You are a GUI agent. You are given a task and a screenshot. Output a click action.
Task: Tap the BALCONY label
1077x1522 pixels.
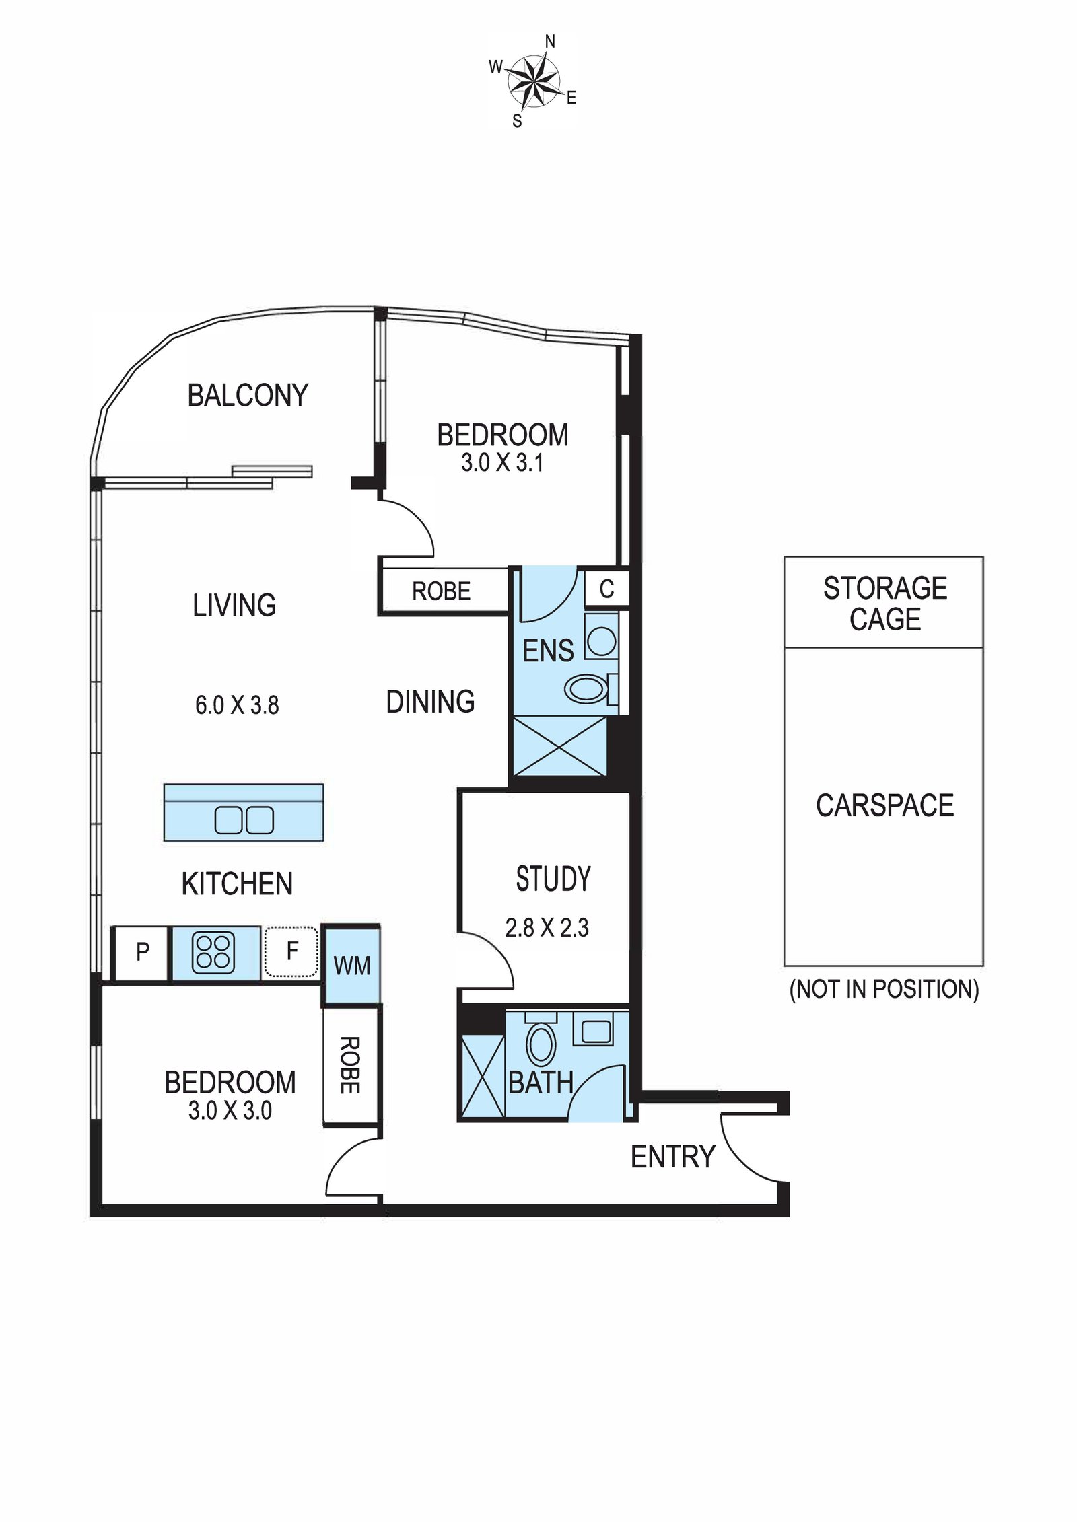248,395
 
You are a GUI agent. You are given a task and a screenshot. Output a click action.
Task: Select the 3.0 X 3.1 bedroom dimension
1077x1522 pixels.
502,463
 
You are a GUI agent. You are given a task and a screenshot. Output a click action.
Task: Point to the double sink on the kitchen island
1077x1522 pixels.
244,820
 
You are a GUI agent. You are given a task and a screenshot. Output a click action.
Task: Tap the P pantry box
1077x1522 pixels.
142,953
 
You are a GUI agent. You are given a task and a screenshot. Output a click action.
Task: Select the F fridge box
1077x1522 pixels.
291,951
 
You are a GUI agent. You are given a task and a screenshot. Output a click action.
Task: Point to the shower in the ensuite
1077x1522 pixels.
559,746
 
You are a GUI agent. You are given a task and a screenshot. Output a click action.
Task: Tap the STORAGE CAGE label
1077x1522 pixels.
884,604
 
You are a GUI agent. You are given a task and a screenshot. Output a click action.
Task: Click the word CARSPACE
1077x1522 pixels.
884,805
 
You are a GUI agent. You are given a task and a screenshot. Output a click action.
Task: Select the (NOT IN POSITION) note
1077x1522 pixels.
884,989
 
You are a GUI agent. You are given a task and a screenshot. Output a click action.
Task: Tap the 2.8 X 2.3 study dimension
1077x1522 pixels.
547,928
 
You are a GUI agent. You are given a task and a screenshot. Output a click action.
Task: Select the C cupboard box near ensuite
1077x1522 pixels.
606,589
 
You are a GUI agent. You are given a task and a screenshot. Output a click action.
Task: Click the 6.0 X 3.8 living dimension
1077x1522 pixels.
237,705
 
